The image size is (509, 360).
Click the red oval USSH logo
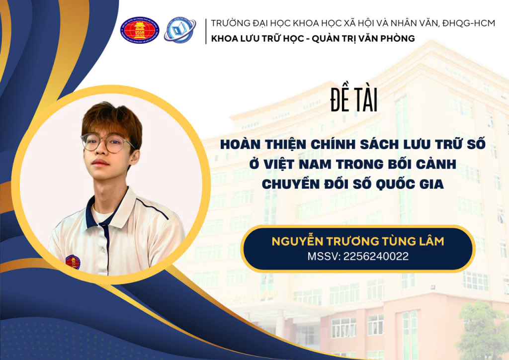140,30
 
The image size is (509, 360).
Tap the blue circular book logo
180,30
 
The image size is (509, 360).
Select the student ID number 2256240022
376,257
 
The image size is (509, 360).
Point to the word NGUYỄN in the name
297,241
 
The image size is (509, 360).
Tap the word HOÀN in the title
240,145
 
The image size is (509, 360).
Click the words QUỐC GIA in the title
410,184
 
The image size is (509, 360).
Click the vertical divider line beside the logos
206,31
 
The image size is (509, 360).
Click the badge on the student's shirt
73,262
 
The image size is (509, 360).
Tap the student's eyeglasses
107,143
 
